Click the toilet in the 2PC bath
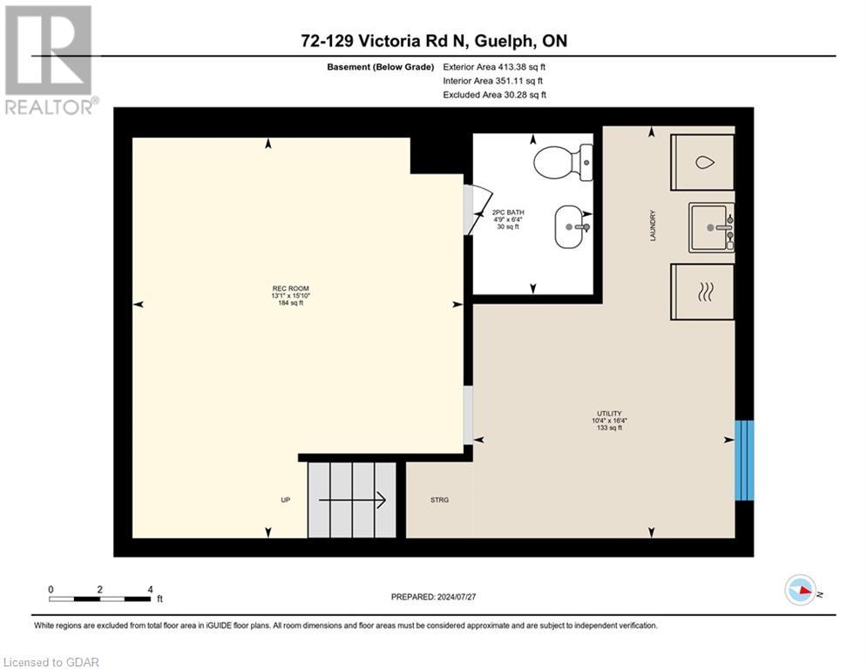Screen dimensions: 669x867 click(x=562, y=161)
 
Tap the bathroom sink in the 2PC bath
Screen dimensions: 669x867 click(x=572, y=227)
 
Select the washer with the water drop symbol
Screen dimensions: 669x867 click(x=702, y=162)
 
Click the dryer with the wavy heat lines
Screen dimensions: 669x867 click(x=702, y=293)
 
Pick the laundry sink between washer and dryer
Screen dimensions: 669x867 click(x=712, y=227)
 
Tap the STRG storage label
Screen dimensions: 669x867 click(x=439, y=500)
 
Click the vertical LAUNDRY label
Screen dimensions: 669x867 click(x=652, y=226)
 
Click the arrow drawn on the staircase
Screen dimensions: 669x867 click(x=352, y=500)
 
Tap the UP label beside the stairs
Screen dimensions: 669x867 click(x=285, y=500)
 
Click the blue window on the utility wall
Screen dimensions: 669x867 click(x=743, y=460)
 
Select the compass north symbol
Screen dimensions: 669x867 click(x=801, y=591)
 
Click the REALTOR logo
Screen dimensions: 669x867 click(x=49, y=60)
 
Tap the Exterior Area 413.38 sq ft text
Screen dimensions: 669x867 click(x=494, y=67)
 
